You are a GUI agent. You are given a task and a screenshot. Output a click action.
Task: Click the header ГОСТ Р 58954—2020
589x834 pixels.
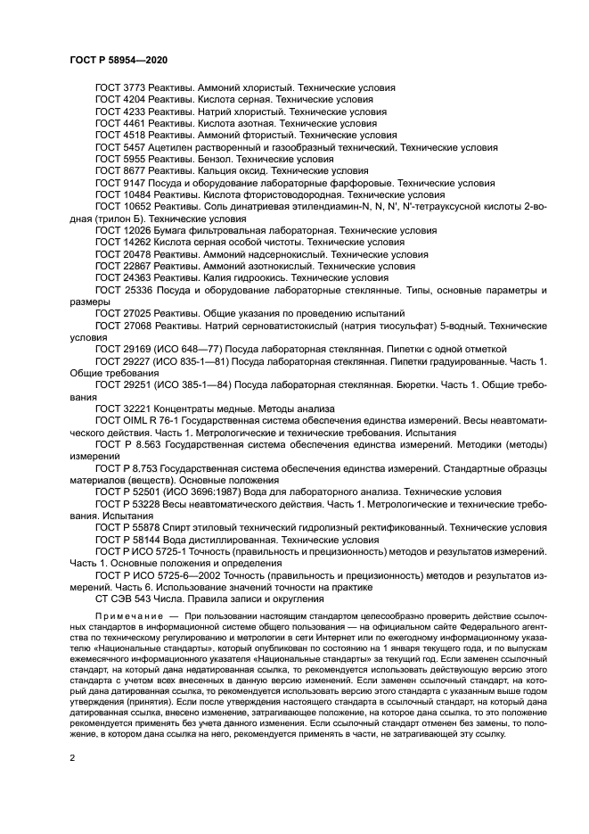[x=119, y=59]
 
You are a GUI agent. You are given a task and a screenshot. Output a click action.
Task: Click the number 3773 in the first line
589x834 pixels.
[x=134, y=88]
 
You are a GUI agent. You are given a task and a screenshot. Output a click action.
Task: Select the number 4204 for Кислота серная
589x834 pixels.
[x=134, y=100]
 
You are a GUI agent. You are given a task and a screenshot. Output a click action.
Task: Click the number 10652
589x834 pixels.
[x=136, y=205]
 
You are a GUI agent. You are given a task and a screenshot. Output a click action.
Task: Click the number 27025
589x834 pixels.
[x=136, y=313]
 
